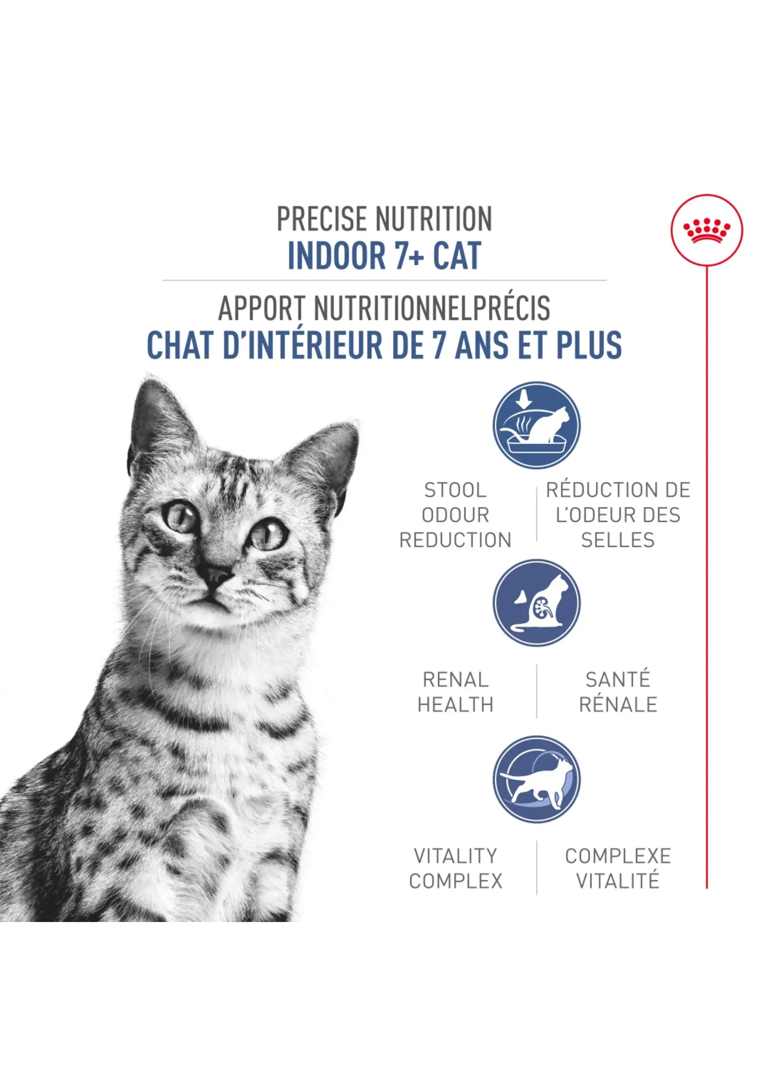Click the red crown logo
click(x=707, y=230)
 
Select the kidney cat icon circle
click(x=536, y=602)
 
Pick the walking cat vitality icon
click(x=536, y=779)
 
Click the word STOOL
click(x=455, y=490)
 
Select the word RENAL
click(x=455, y=680)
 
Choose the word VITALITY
click(x=455, y=855)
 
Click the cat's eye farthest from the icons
click(x=180, y=517)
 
